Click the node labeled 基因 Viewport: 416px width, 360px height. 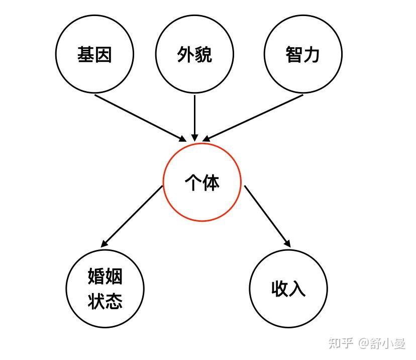94,54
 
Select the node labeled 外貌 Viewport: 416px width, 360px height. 194,54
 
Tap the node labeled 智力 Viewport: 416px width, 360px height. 303,54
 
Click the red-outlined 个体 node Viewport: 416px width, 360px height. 202,182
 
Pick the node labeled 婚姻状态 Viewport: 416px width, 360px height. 105,289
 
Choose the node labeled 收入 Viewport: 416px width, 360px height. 288,289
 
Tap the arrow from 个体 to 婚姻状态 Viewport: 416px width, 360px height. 132,216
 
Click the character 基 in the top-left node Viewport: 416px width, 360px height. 86,54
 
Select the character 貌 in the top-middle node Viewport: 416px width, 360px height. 203,54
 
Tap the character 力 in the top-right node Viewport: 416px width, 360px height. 311,54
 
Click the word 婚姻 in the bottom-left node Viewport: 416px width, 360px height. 105,277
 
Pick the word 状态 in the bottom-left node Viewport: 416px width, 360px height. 105,301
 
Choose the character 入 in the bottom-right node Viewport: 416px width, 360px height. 297,289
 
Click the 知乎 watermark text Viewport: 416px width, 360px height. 341,343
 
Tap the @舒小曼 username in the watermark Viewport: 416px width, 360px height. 381,343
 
